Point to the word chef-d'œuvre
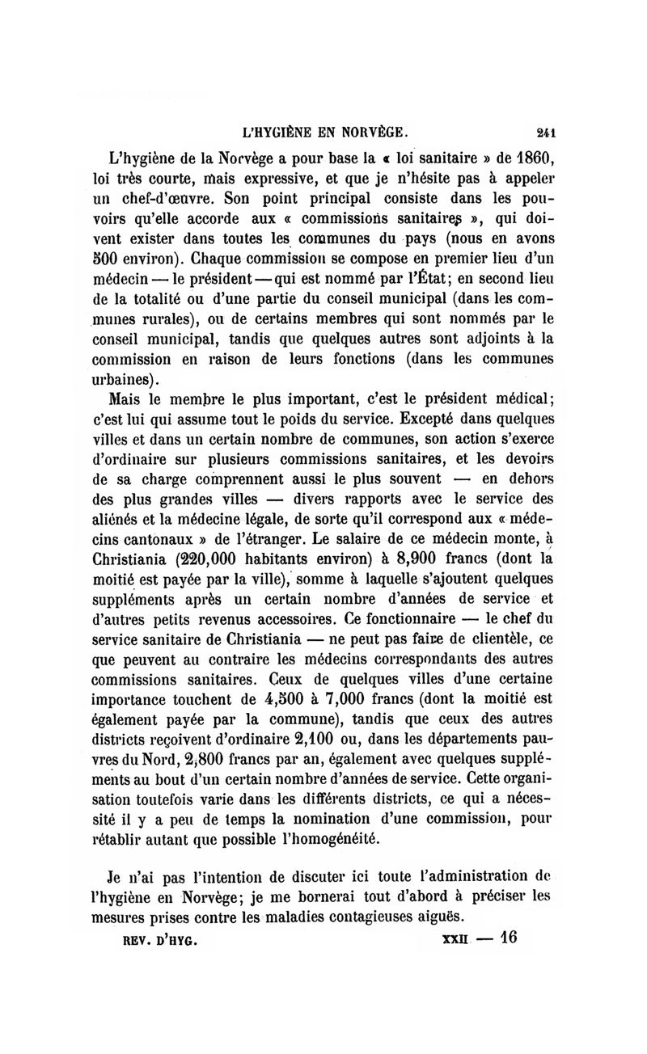point(171,199)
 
